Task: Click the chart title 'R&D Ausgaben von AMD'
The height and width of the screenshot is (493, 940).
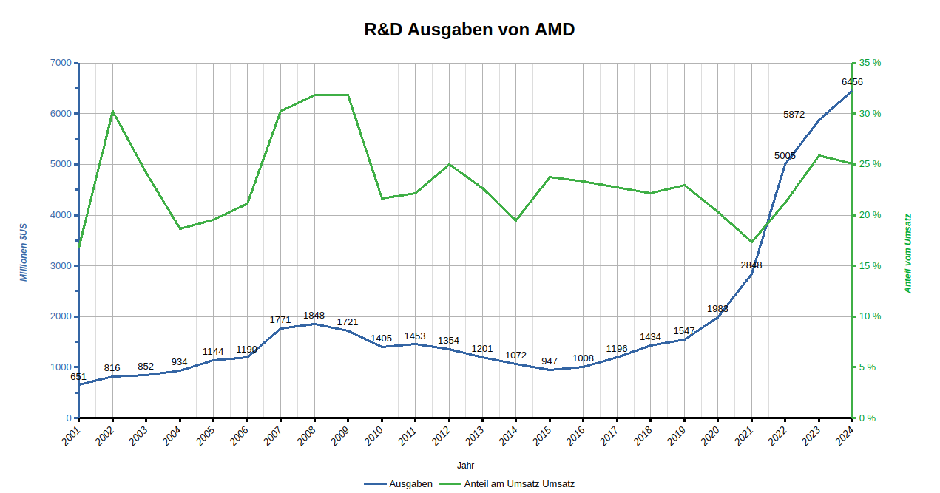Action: pos(470,30)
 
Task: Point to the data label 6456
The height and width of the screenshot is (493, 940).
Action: pos(852,81)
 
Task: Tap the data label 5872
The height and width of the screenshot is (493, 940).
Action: pos(794,115)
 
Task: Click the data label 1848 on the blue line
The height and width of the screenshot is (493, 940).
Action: pos(314,316)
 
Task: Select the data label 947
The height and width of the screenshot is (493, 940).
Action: pos(550,361)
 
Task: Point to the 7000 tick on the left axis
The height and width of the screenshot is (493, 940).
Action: pos(61,63)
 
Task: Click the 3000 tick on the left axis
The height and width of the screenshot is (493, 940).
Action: pos(61,266)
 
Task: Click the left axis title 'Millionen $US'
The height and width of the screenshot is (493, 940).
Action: pos(24,251)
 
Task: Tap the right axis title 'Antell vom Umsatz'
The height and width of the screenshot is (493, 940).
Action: pos(908,254)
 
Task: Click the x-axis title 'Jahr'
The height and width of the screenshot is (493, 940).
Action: pos(465,466)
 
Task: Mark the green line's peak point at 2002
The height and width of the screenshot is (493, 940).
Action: pos(112,112)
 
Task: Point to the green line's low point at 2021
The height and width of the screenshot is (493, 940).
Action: pos(751,242)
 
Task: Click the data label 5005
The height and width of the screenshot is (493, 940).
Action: pos(785,156)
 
